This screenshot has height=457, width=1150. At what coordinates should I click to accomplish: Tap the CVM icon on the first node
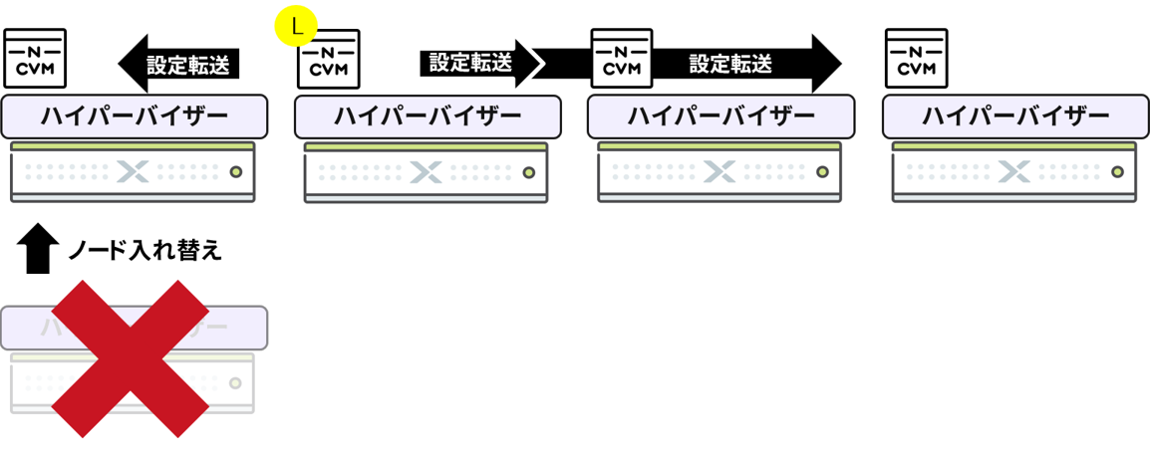click(35, 59)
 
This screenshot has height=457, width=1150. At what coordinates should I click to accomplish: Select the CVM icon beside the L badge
click(329, 59)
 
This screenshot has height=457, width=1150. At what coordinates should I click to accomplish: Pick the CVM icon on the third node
click(622, 59)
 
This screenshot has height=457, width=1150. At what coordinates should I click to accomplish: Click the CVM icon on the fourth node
click(916, 59)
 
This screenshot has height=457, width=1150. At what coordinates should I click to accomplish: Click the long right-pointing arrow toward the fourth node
click(747, 65)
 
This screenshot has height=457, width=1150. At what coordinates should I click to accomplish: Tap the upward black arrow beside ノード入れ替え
click(36, 248)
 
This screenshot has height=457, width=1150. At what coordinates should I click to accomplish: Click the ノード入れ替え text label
click(144, 250)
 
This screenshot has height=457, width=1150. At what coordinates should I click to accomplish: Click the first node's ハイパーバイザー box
click(135, 116)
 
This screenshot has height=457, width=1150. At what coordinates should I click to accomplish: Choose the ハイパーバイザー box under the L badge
click(428, 116)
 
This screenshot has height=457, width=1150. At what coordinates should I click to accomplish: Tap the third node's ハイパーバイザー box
click(721, 116)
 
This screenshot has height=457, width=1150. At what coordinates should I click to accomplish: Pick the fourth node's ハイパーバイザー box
click(1015, 116)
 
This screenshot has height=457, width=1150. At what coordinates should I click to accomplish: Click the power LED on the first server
click(236, 171)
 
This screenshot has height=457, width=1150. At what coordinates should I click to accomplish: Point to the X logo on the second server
click(426, 171)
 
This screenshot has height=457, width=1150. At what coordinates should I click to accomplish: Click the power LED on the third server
click(823, 171)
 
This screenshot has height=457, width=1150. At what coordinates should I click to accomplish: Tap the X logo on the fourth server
click(1013, 171)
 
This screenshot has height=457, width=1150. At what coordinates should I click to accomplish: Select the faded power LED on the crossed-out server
click(236, 382)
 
